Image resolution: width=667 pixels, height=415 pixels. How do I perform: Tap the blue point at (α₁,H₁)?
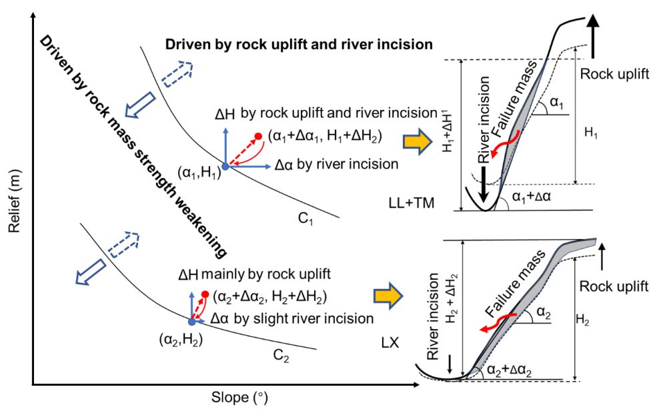click(225, 166)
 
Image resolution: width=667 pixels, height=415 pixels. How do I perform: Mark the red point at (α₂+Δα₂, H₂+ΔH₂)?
click(205, 294)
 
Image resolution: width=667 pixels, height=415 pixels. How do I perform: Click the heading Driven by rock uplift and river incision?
click(299, 45)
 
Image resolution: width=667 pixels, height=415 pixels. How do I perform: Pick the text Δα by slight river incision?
click(292, 318)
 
